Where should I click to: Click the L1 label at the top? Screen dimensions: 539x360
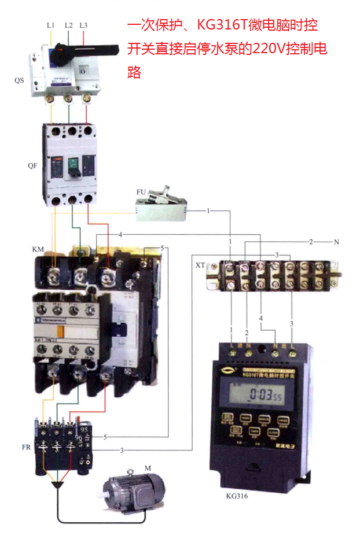pyautogui.click(x=50, y=25)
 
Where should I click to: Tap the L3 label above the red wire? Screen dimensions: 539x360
pyautogui.click(x=84, y=25)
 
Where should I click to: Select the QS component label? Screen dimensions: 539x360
pyautogui.click(x=19, y=80)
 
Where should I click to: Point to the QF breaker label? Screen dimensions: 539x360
pyautogui.click(x=32, y=165)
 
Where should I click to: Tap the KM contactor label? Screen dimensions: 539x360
pyautogui.click(x=38, y=249)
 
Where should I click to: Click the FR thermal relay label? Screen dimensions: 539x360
pyautogui.click(x=26, y=448)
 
